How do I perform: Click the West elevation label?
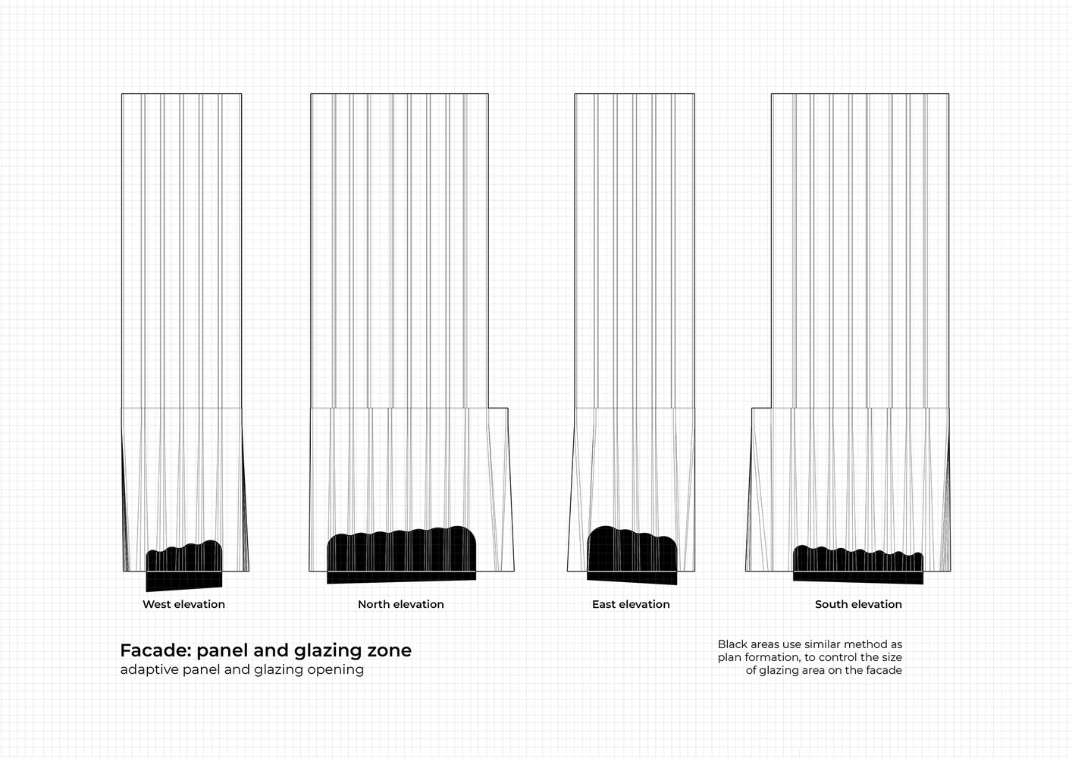[183, 604]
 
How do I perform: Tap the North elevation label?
[401, 604]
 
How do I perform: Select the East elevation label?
[631, 604]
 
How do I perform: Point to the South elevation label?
[858, 604]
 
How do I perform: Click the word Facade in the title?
[155, 650]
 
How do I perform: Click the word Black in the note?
[732, 644]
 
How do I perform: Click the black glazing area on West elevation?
[184, 557]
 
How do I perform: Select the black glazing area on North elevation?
[401, 550]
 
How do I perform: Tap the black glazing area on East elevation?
[632, 551]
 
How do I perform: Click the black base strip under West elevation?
[184, 580]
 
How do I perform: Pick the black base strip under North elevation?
[401, 577]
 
